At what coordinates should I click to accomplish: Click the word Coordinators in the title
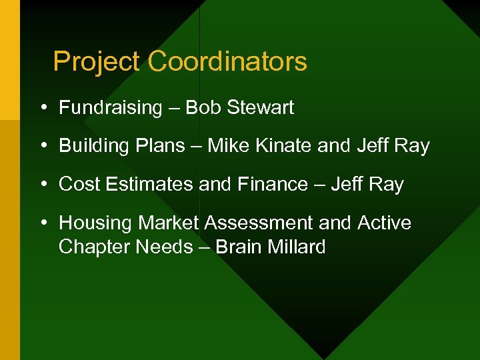point(227,62)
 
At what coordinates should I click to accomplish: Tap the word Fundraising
point(111,108)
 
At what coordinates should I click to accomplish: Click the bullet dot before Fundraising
point(43,108)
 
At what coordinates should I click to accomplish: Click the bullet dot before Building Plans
point(43,146)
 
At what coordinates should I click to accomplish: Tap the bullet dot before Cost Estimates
point(43,185)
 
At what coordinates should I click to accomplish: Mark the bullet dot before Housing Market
point(43,223)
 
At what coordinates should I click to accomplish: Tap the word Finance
point(273,185)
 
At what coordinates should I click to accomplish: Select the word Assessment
point(258,223)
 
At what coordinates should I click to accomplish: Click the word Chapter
point(95,247)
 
